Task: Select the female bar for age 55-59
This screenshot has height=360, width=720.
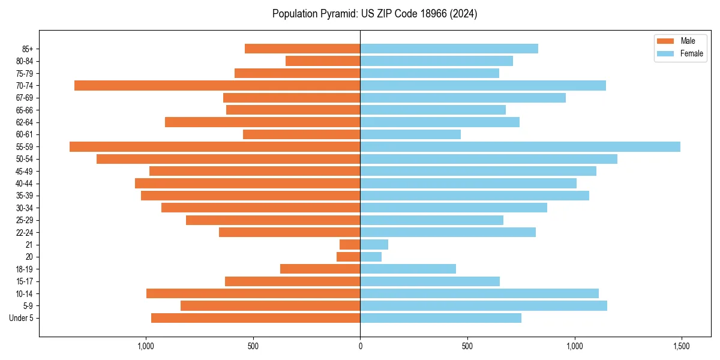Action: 520,147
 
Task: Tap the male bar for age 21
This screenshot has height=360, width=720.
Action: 350,245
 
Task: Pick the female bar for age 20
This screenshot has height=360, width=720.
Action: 371,257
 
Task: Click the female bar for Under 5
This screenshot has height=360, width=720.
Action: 440,318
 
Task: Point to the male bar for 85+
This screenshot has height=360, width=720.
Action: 302,49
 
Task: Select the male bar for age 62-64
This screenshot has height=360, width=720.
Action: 262,122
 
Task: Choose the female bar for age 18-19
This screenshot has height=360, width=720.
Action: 408,269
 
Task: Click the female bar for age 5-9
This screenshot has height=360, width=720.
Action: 484,306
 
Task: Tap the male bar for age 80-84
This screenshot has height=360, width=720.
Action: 323,61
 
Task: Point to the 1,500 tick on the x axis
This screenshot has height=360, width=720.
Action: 682,346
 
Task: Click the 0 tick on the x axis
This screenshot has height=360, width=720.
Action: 360,346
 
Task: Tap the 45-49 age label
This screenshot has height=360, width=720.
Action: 24,172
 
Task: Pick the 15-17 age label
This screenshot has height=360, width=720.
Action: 24,281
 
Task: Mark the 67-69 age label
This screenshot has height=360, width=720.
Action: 24,98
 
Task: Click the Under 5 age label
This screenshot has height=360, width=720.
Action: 22,318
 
